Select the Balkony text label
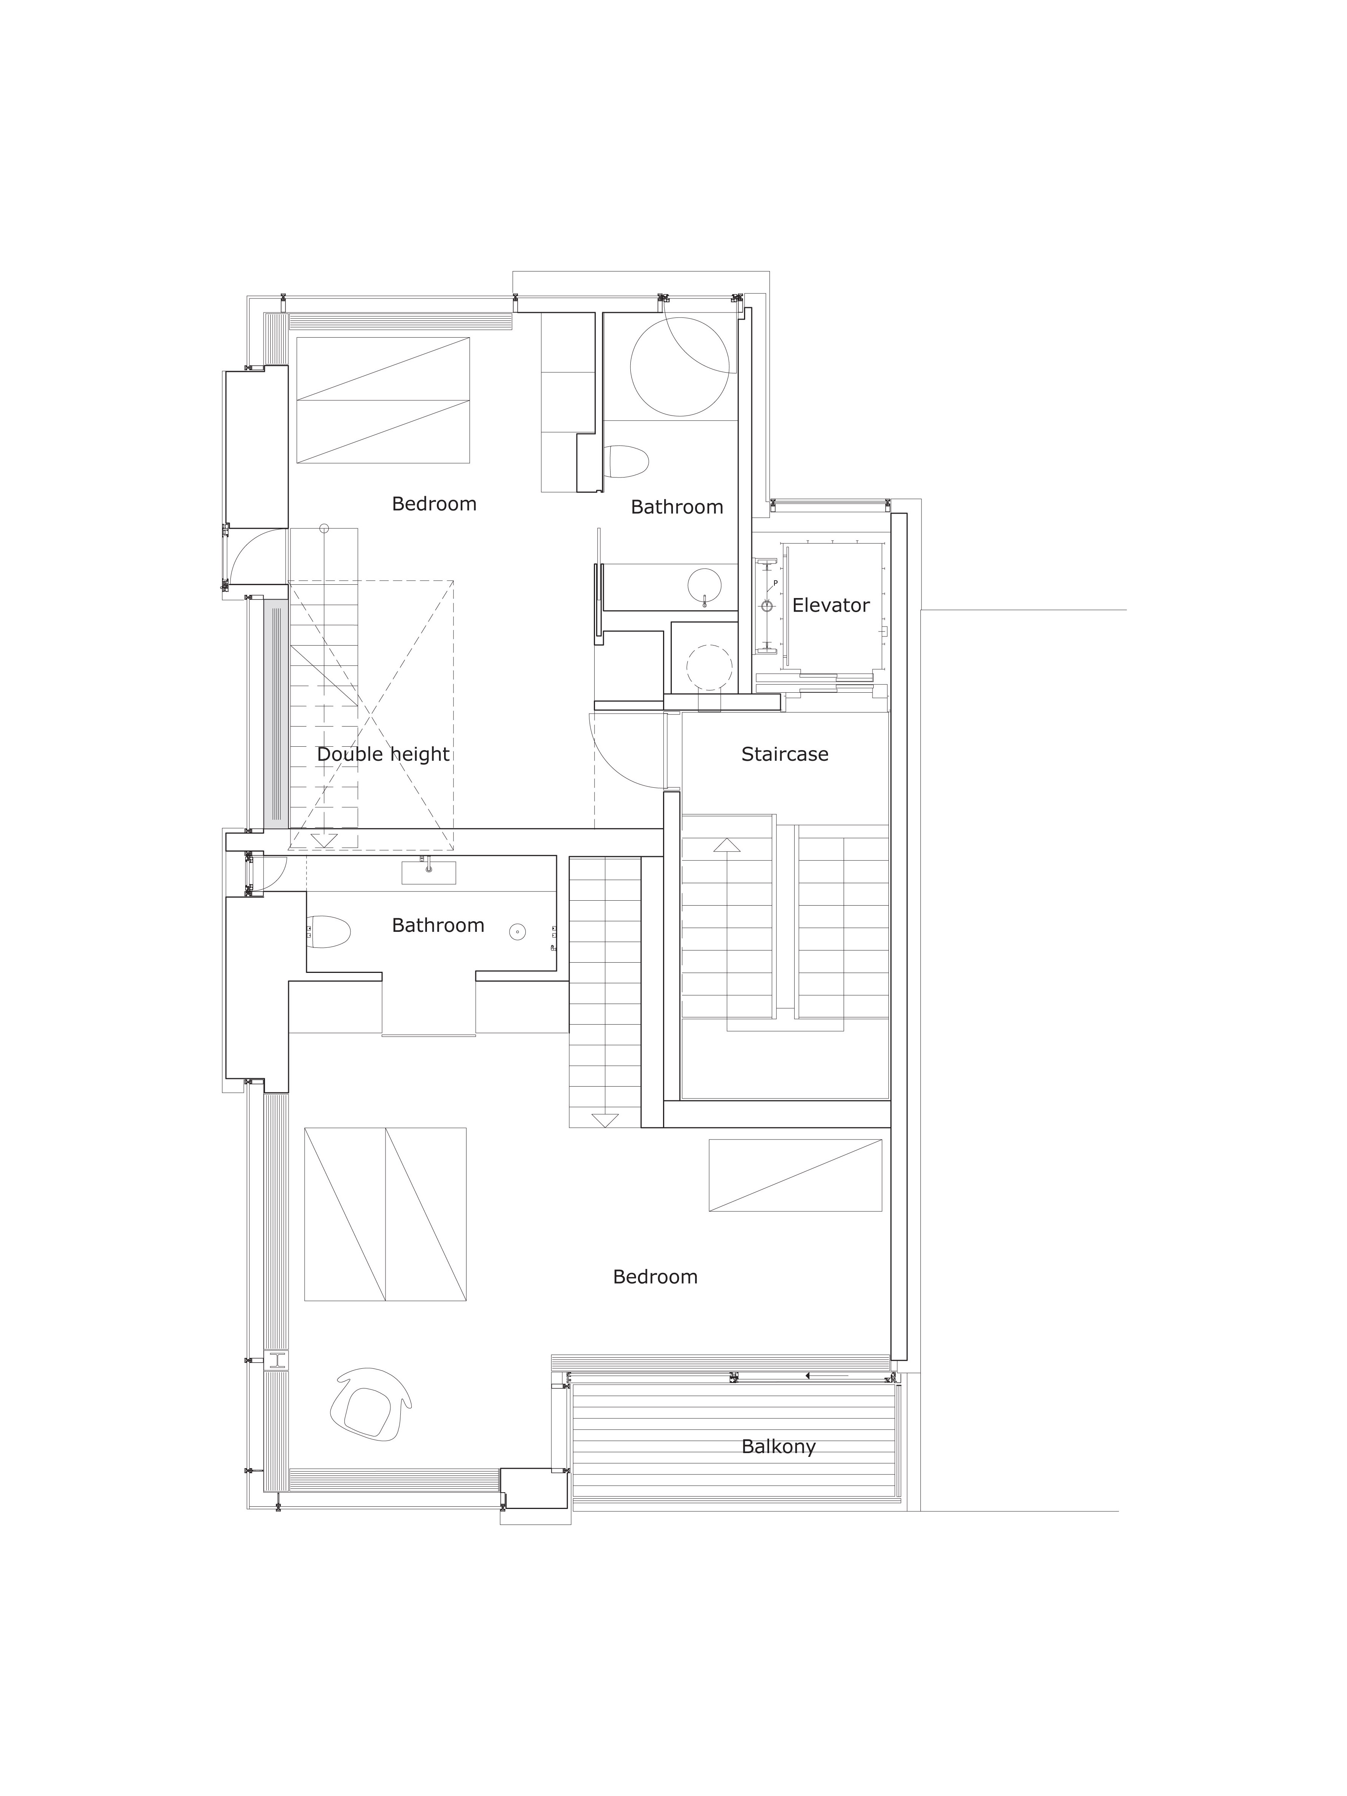[778, 1446]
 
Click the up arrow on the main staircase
[727, 845]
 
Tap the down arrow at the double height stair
[323, 840]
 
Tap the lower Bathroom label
[438, 925]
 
